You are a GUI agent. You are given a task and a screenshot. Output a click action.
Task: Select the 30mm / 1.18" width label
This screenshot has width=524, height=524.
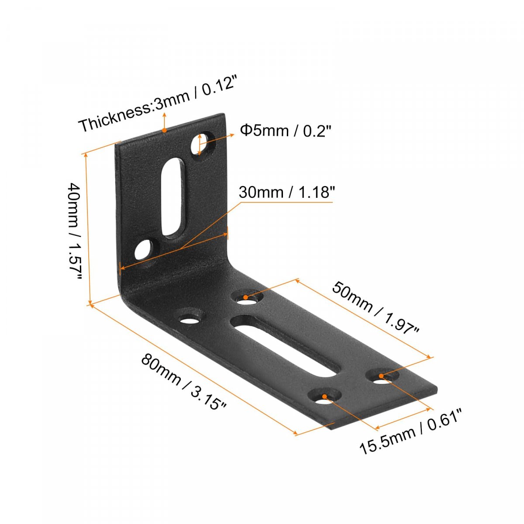coord(286,192)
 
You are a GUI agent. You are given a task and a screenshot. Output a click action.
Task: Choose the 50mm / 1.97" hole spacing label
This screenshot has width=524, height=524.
coord(376,310)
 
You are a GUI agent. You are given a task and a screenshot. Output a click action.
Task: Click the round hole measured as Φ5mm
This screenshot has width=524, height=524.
coord(203,143)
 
